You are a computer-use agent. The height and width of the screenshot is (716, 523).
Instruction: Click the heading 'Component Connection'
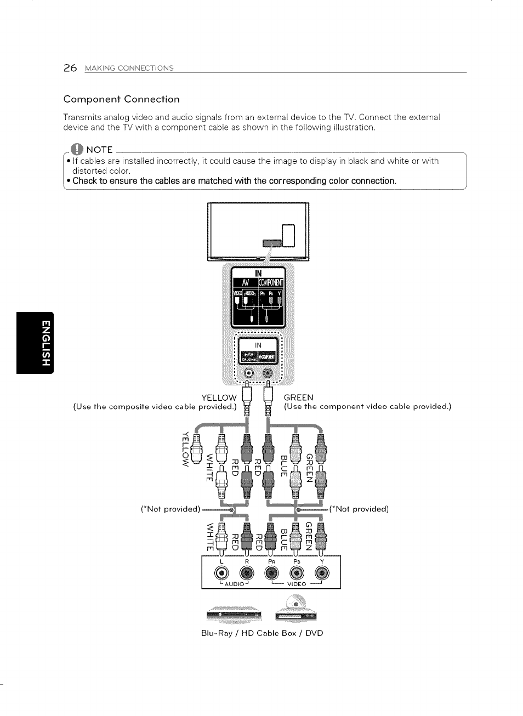click(x=121, y=99)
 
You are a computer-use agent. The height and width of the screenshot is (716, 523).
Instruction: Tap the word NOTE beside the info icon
click(x=99, y=150)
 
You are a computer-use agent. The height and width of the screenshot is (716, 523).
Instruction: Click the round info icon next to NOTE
click(x=78, y=149)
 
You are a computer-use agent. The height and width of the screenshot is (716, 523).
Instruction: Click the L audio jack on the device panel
click(x=221, y=573)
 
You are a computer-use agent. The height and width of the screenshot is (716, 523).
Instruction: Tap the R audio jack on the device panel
click(x=247, y=573)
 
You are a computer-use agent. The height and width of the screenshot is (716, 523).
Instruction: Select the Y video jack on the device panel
click(x=322, y=573)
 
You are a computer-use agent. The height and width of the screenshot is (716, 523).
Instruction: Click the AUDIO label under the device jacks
click(x=234, y=584)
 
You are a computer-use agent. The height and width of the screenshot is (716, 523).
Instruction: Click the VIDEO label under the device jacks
click(x=296, y=584)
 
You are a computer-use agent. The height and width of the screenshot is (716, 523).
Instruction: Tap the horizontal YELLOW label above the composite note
click(x=219, y=397)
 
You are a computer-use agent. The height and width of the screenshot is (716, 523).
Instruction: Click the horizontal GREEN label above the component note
click(x=299, y=397)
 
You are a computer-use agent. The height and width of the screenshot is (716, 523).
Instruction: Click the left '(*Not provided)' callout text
click(x=170, y=509)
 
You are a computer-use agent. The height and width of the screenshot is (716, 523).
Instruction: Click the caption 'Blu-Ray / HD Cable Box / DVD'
click(x=262, y=633)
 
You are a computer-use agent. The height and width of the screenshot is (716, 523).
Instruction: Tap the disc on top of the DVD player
click(x=295, y=604)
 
